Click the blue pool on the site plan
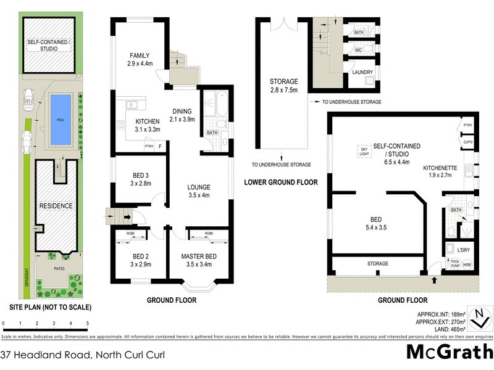click(x=60, y=120)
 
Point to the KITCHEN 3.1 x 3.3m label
click(x=148, y=125)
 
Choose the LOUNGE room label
click(x=199, y=191)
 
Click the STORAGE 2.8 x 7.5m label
click(x=283, y=86)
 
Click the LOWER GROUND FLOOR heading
click(x=280, y=182)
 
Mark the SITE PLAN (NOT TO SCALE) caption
click(x=50, y=306)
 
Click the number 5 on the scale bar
click(x=88, y=323)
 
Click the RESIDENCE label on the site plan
click(x=56, y=205)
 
